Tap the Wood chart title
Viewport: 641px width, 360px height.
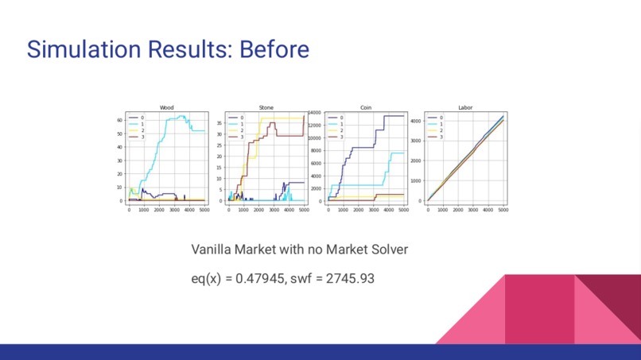(167, 107)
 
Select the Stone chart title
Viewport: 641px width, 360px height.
(266, 107)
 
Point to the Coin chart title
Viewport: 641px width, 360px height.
(366, 107)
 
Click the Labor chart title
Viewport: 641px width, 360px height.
(465, 107)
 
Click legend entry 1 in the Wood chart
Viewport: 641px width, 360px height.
(142, 124)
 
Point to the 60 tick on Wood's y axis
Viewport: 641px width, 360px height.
(120, 120)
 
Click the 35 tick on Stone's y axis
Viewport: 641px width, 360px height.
(220, 122)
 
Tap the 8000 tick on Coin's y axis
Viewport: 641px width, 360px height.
(315, 151)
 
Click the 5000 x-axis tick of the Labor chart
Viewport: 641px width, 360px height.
(503, 210)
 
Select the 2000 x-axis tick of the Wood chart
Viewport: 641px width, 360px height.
(158, 210)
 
